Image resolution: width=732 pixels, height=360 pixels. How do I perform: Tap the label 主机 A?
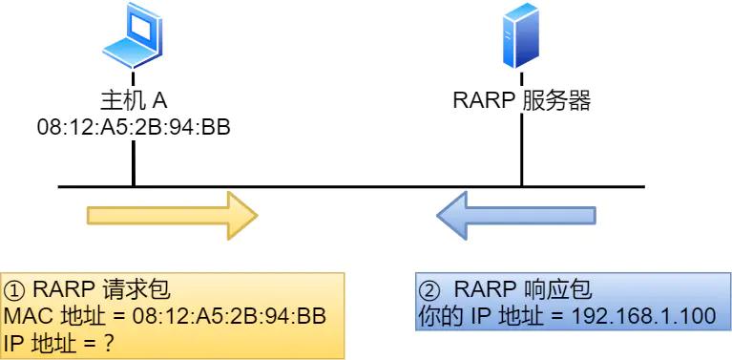coord(134,101)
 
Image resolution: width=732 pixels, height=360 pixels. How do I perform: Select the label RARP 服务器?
coord(521,101)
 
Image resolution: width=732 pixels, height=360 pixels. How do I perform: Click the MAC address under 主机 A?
coord(134,126)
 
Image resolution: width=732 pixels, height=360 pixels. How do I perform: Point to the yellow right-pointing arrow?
coord(173,214)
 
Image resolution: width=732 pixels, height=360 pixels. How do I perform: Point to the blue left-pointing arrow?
coord(516,214)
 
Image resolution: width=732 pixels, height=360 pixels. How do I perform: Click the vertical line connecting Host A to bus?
coord(134,162)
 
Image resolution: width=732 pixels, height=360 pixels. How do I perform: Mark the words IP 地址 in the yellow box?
coord(40,341)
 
